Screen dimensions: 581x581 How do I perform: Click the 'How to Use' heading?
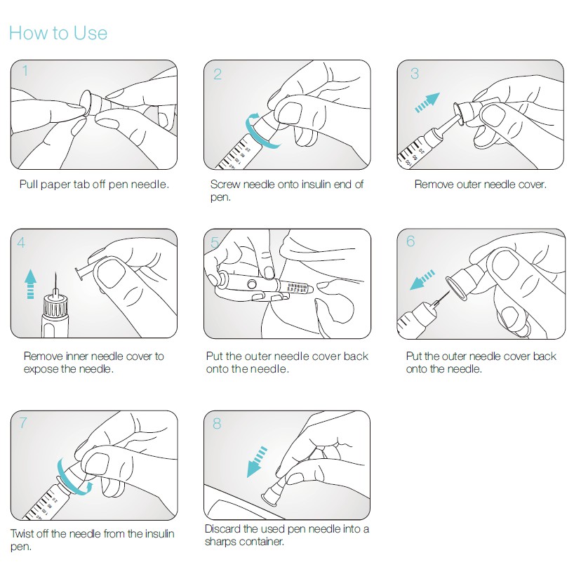click(58, 33)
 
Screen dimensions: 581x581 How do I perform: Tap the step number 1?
click(25, 70)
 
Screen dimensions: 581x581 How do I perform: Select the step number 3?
click(415, 74)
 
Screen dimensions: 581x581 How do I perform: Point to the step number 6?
click(410, 241)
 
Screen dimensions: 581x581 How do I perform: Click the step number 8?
click(217, 424)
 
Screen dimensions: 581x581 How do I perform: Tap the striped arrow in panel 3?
click(427, 102)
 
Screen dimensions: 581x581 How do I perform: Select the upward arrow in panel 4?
click(30, 283)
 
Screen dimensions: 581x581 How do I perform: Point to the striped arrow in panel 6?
click(422, 280)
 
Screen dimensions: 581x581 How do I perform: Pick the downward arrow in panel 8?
click(257, 462)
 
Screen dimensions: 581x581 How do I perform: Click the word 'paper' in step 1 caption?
click(55, 185)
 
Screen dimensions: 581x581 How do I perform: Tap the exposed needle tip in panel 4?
click(55, 272)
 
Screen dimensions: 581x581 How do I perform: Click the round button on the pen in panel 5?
click(252, 285)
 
